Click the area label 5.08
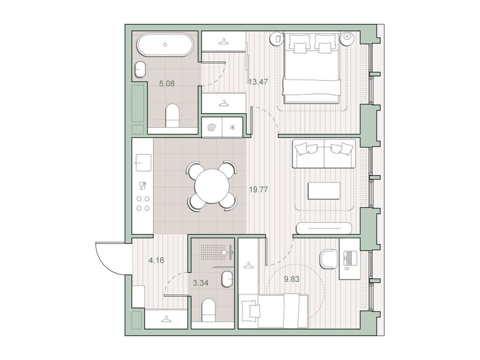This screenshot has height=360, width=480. pyautogui.click(x=167, y=85)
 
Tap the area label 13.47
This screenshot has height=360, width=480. pyautogui.click(x=258, y=82)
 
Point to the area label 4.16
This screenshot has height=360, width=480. pyautogui.click(x=156, y=260)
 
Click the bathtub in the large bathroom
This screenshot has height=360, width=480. pyautogui.click(x=165, y=46)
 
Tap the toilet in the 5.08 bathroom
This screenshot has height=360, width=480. pyautogui.click(x=172, y=115)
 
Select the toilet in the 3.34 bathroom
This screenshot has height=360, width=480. pyautogui.click(x=208, y=310)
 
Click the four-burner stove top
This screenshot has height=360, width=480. pyautogui.click(x=143, y=203)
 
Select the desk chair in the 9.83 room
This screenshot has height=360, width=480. pyautogui.click(x=328, y=258)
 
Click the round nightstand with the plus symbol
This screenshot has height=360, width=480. pyautogui.click(x=347, y=37)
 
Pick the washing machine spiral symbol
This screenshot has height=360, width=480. pyautogui.click(x=211, y=127)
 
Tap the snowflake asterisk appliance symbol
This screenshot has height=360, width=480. pyautogui.click(x=232, y=127)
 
